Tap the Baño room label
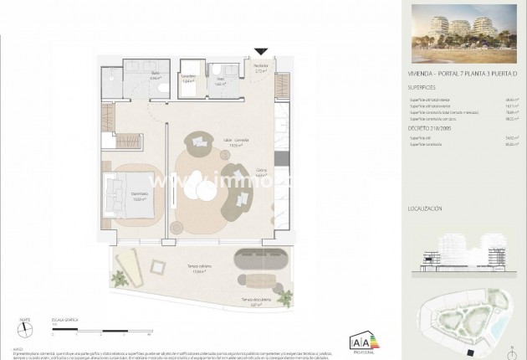156,76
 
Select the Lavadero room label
190,79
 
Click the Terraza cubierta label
198,267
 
